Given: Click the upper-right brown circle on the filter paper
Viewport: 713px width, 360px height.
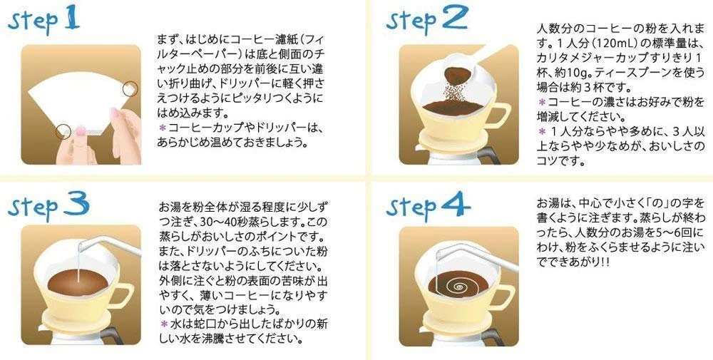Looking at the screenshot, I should (130, 88).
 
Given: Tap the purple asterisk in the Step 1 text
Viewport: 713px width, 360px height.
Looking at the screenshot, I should (163, 127).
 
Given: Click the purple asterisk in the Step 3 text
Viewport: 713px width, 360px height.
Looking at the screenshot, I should (163, 323).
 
